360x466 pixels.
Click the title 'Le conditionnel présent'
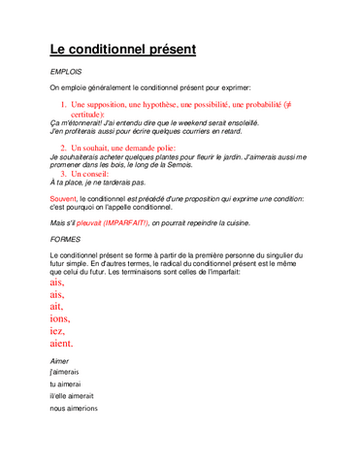pos(122,49)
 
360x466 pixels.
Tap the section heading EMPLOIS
pos(66,72)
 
